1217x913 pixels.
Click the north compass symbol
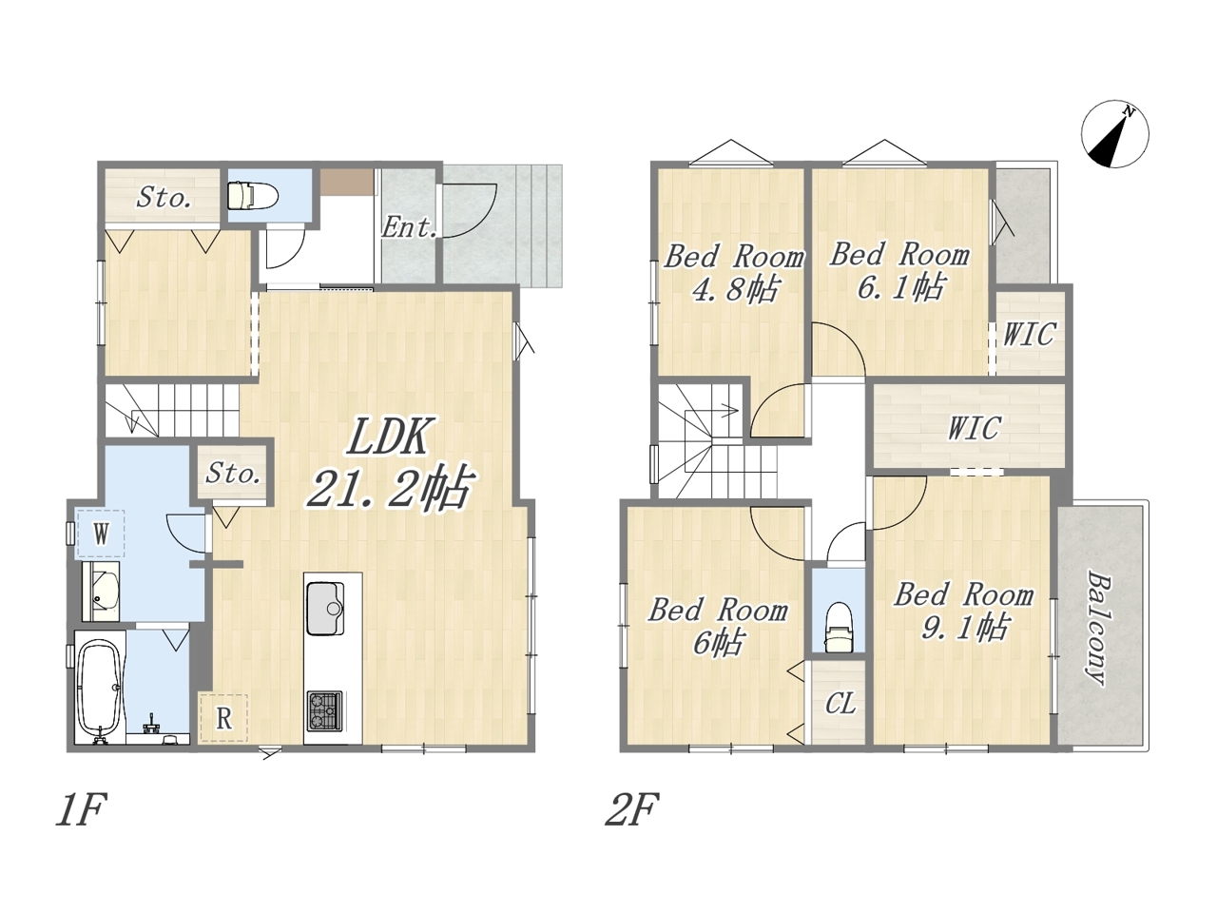coord(1115,134)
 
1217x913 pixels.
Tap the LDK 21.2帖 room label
coord(390,463)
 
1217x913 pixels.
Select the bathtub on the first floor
coord(100,687)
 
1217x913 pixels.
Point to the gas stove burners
coord(325,710)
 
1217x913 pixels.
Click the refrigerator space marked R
coord(222,718)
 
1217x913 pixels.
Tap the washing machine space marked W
coord(101,534)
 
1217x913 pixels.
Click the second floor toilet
coord(838,628)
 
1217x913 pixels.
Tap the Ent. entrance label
coord(408,227)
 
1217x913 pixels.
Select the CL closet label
coord(840,704)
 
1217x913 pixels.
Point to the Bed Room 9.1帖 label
coord(964,612)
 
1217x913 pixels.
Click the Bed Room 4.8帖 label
coord(733,273)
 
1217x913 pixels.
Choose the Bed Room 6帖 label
coord(718,627)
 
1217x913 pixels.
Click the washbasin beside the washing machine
coord(101,591)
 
